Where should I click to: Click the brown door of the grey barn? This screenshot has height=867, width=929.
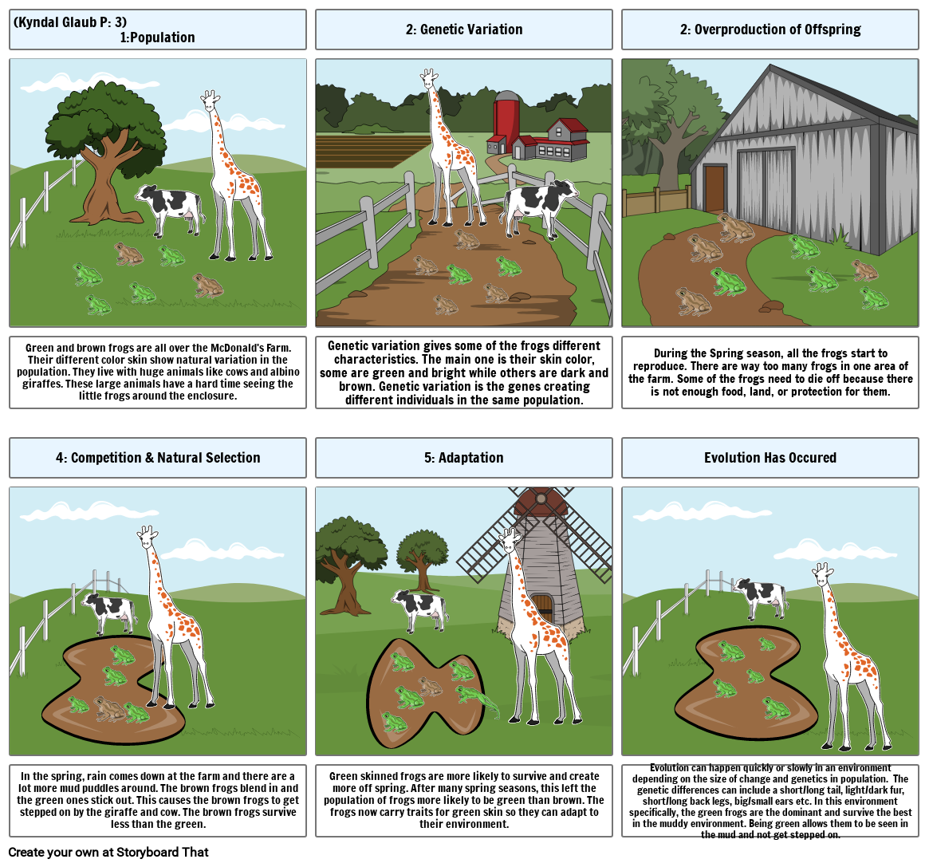714,188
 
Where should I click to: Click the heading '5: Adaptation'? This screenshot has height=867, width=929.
464,458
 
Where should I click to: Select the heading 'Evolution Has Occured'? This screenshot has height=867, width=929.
770,458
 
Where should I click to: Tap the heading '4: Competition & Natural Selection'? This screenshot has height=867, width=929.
158,458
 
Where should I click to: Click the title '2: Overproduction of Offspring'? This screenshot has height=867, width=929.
770,29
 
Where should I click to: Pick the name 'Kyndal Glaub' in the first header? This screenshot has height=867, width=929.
54,22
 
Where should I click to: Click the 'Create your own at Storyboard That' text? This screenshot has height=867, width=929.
108,852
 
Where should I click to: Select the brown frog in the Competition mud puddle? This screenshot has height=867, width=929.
109,709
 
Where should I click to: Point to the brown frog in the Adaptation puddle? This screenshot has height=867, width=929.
430,686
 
